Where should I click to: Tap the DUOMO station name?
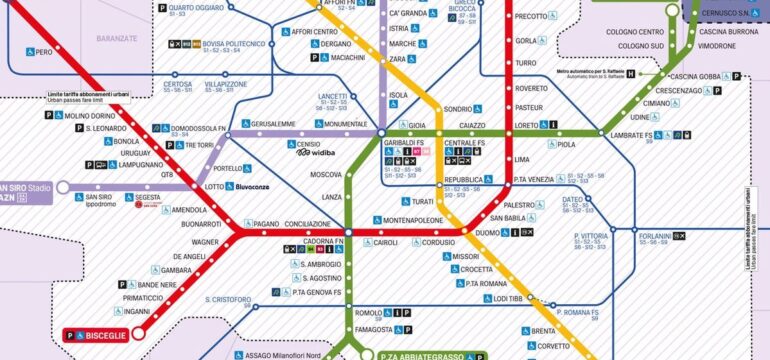[x=486, y=233]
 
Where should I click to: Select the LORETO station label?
[x=526, y=125]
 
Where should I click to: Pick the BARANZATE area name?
[x=118, y=39]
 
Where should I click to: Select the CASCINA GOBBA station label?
[x=696, y=77]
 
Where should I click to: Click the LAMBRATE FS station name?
[x=633, y=135]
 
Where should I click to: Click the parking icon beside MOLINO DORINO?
[x=47, y=116]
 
